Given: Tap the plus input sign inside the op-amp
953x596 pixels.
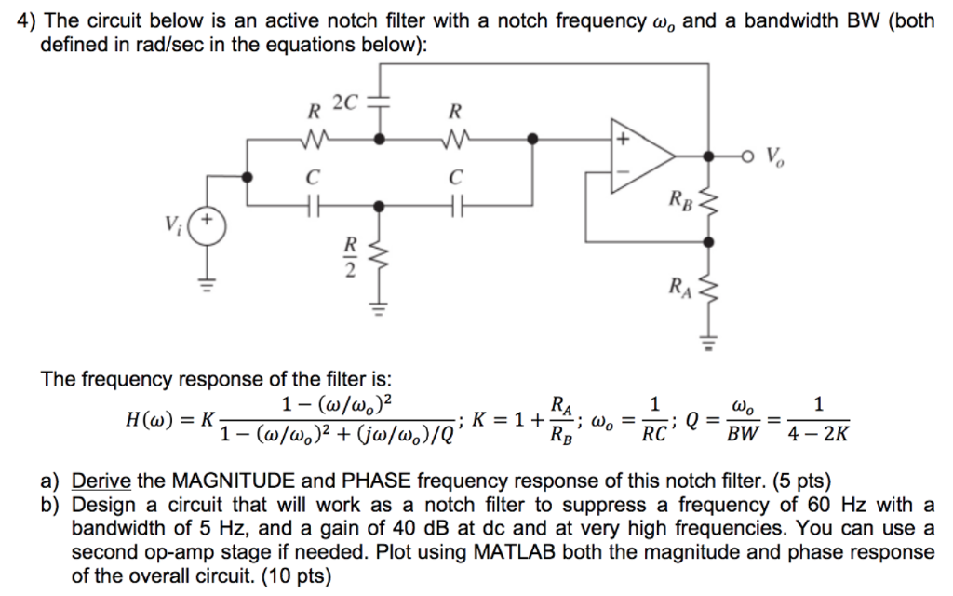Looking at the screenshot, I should click(621, 139).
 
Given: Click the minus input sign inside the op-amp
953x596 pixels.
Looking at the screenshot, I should click(620, 173).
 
